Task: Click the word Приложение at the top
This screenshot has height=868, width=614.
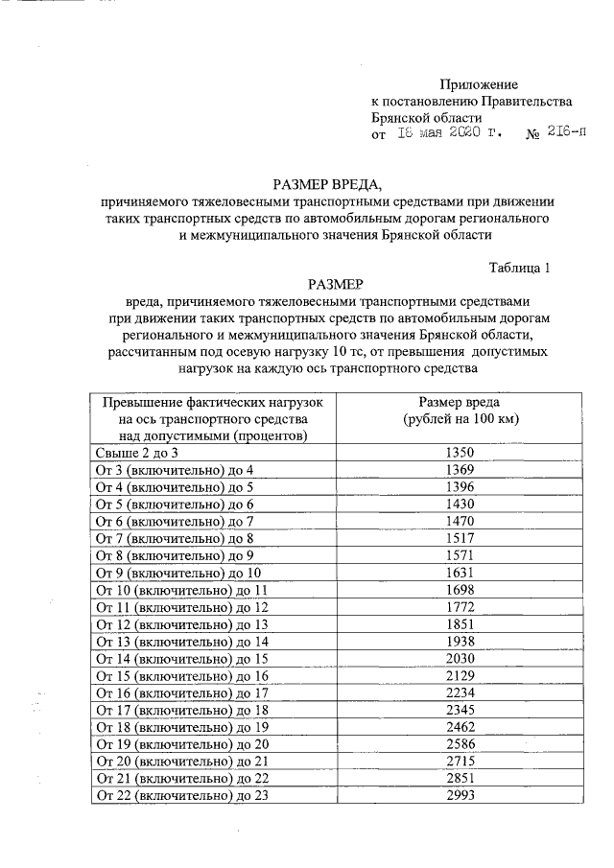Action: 478,85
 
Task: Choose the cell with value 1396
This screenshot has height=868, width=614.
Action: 460,487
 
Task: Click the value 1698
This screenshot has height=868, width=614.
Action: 460,589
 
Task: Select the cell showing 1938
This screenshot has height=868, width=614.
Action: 460,641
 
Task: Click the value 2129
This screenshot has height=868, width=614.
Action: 460,674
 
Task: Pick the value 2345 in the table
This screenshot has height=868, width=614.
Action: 460,709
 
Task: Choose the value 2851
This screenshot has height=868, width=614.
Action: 460,778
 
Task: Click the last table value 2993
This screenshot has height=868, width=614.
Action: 460,795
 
